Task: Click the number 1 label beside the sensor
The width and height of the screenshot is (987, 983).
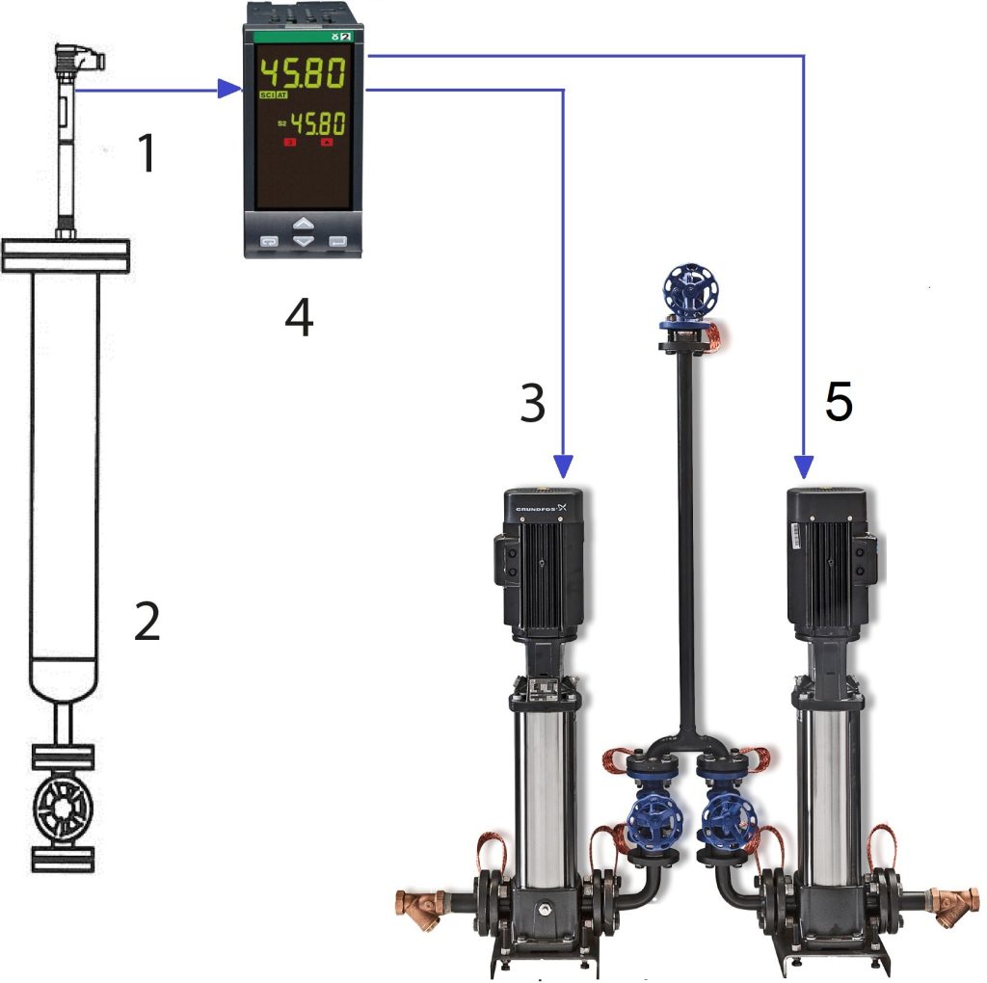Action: coord(146,154)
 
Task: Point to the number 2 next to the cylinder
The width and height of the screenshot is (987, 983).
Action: coord(147,624)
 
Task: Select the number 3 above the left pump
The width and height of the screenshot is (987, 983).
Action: coord(533,405)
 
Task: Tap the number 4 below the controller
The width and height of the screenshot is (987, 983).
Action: coord(299,318)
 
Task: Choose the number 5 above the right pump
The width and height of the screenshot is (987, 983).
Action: coord(839,403)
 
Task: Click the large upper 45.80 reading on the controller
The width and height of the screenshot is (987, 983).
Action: coord(303,72)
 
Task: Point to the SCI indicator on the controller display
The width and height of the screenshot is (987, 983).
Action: coord(266,96)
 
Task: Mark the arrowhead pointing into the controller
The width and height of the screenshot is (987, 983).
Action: coord(229,90)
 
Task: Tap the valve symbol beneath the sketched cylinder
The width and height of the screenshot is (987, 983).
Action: coord(64,807)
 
